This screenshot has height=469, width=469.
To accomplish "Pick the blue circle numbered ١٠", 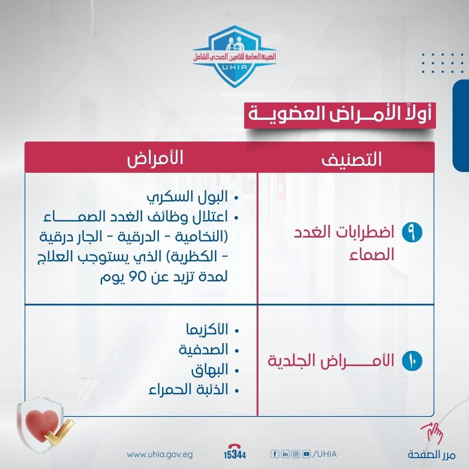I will (411, 361).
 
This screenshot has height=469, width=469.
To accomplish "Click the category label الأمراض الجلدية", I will (330, 361).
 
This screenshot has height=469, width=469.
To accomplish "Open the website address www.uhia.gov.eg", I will (160, 455).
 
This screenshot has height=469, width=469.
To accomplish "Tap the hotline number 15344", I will (234, 455).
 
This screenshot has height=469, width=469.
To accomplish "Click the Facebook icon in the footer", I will (274, 454).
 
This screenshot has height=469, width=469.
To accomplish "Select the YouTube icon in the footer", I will (307, 454).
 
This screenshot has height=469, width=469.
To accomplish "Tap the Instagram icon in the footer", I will (296, 454).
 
